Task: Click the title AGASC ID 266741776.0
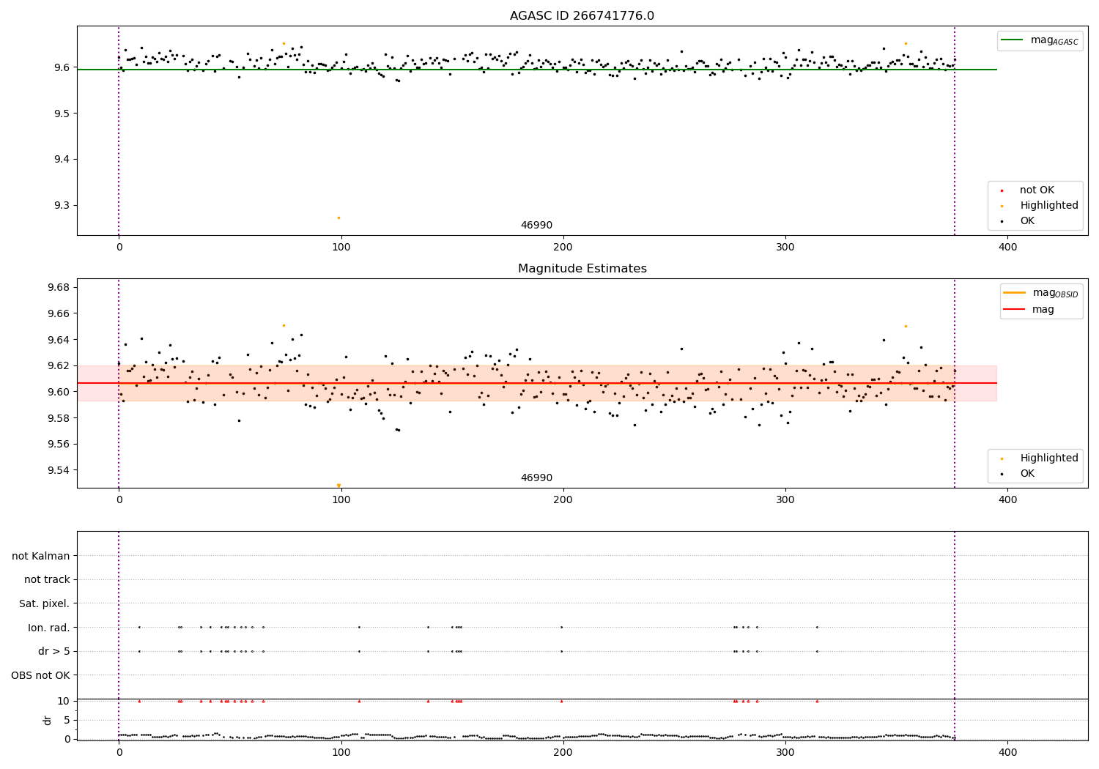coord(582,16)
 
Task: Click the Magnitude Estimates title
coord(582,269)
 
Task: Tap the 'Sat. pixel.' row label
coord(44,603)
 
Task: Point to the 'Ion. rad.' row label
coord(49,628)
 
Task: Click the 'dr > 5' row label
coord(54,651)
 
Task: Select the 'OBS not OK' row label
coord(40,675)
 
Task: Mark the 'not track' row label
coord(47,580)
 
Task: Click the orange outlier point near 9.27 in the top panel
coord(338,218)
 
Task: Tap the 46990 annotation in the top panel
coord(536,226)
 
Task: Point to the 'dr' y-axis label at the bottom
coord(48,720)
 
